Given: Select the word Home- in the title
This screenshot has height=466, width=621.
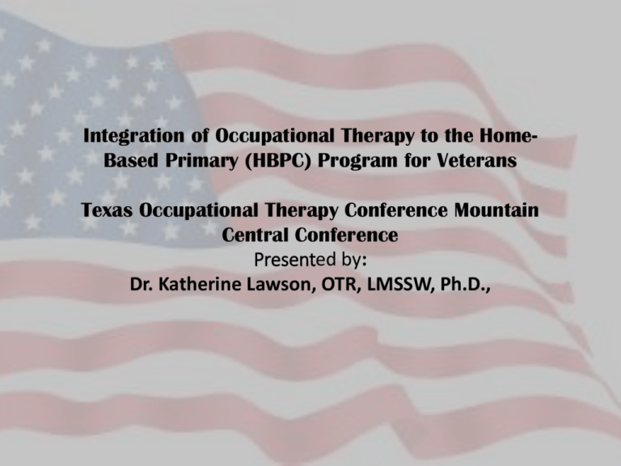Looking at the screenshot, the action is [x=508, y=135].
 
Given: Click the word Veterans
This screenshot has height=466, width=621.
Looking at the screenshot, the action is [x=477, y=160].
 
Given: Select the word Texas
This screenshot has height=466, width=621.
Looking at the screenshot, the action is [x=107, y=210].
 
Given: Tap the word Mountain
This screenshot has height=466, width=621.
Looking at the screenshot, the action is [x=496, y=210].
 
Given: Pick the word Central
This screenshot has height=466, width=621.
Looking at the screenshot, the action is [x=255, y=235].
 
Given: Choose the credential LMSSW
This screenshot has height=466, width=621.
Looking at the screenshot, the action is [x=401, y=286].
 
